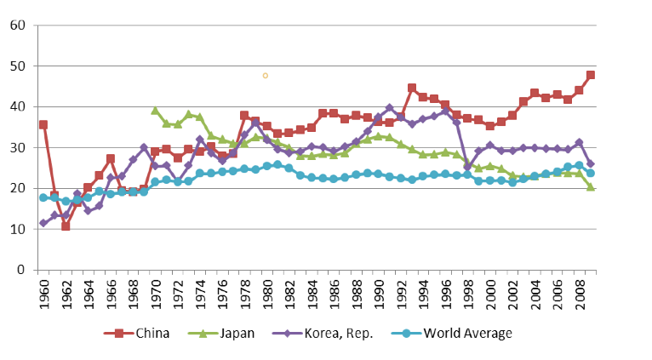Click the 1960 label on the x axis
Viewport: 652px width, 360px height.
pyautogui.click(x=43, y=290)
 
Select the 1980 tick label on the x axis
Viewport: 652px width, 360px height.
pyautogui.click(x=266, y=290)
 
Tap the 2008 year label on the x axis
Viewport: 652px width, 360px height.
pyautogui.click(x=579, y=290)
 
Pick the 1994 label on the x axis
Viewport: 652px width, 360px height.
pyautogui.click(x=423, y=290)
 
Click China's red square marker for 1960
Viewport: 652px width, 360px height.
pyautogui.click(x=43, y=124)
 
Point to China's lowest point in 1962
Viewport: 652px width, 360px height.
pyautogui.click(x=66, y=226)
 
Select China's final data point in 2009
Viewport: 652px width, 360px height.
pyautogui.click(x=591, y=75)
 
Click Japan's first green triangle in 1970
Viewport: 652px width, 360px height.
pyautogui.click(x=155, y=110)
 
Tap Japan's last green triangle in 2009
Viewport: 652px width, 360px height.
pyautogui.click(x=591, y=186)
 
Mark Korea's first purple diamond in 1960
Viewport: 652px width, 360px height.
pyautogui.click(x=43, y=223)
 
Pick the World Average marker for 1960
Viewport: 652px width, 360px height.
pyautogui.click(x=43, y=197)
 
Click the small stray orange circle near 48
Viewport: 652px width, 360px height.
pyautogui.click(x=266, y=75)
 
